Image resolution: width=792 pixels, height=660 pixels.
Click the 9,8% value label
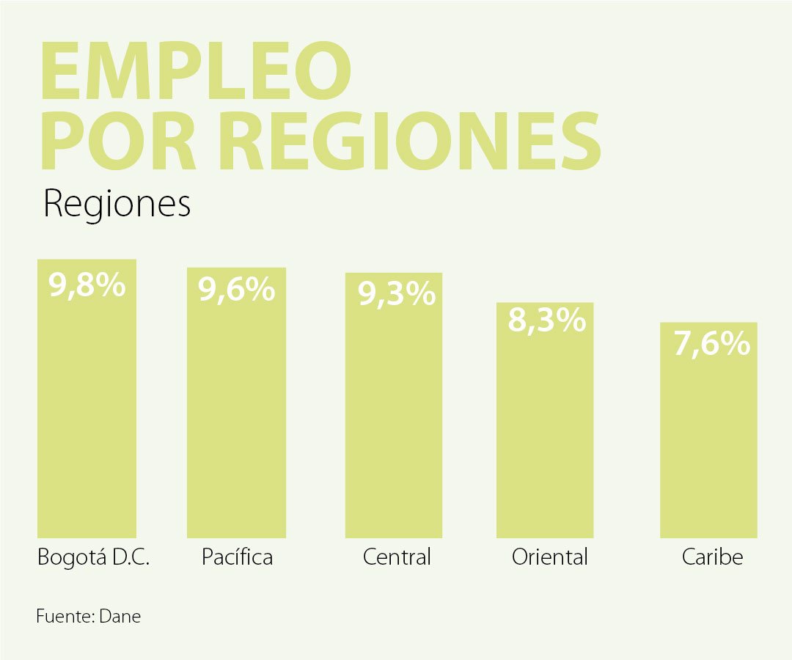pos(87,285)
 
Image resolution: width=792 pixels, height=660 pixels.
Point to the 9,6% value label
pos(237,290)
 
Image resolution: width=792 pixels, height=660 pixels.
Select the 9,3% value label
pos(397,295)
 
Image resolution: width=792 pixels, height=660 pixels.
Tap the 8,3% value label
pos(547,321)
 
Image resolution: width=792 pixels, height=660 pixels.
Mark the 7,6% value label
pos(712,345)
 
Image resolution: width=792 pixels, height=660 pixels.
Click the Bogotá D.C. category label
pos(93,558)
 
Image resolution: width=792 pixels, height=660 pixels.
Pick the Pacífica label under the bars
pos(237,557)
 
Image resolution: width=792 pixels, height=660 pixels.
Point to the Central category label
pos(397,557)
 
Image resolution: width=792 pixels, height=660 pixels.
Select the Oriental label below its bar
pos(550,557)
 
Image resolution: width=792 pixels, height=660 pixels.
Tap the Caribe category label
pos(712,557)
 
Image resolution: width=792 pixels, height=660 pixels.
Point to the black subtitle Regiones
pos(117,205)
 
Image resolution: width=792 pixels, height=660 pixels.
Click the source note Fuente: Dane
pos(88,617)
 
